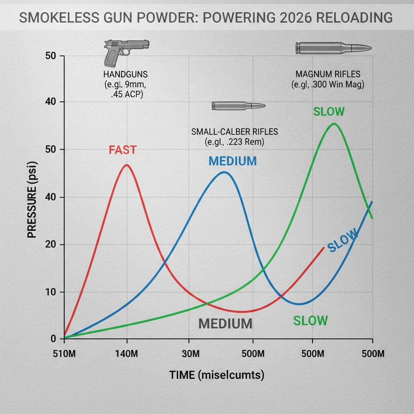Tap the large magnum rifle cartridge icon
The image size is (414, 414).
pos(333,48)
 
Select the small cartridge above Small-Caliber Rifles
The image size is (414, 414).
pos(239,106)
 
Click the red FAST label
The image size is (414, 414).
pos(123,150)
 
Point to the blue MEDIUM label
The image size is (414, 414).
pos(232,161)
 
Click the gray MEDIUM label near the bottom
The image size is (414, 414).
pos(225,323)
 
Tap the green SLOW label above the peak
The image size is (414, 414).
pos(329,112)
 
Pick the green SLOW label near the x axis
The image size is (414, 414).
pos(310,321)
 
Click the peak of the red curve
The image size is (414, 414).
pos(127,165)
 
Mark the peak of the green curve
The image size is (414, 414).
pos(334,124)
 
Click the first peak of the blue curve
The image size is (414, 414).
pos(224,172)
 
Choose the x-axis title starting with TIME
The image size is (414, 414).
pos(217,375)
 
